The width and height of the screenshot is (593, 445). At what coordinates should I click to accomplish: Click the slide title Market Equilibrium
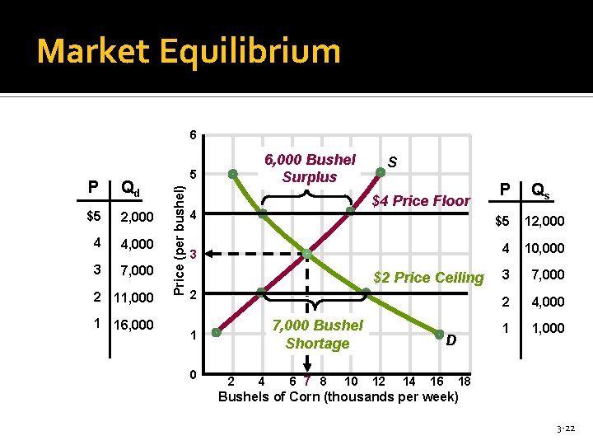(x=189, y=51)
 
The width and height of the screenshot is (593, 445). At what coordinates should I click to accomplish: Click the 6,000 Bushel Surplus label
(x=309, y=168)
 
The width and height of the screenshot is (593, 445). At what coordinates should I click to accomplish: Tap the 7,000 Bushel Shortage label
(x=317, y=335)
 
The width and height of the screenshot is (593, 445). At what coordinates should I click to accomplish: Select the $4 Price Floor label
(x=421, y=200)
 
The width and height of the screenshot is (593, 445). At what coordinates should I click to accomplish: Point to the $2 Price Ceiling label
(x=428, y=278)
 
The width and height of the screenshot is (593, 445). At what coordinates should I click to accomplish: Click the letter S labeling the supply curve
(x=392, y=163)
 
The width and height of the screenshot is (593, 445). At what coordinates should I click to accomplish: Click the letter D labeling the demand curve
(x=450, y=340)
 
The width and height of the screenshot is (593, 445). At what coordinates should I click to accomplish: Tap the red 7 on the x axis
(x=306, y=382)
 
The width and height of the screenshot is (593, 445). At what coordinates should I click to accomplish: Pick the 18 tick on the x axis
(x=464, y=382)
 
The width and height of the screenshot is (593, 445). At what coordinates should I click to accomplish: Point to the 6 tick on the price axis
(x=190, y=135)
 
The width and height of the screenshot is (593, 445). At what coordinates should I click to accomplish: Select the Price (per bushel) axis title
(x=175, y=239)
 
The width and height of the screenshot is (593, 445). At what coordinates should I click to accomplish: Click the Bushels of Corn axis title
(x=338, y=397)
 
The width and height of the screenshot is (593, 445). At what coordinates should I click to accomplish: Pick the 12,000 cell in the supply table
(x=544, y=221)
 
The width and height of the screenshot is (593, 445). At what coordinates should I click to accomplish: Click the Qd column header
(x=131, y=188)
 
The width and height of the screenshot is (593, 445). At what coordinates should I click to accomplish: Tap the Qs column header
(x=541, y=190)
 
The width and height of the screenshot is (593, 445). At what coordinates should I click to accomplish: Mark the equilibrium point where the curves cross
(x=306, y=253)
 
